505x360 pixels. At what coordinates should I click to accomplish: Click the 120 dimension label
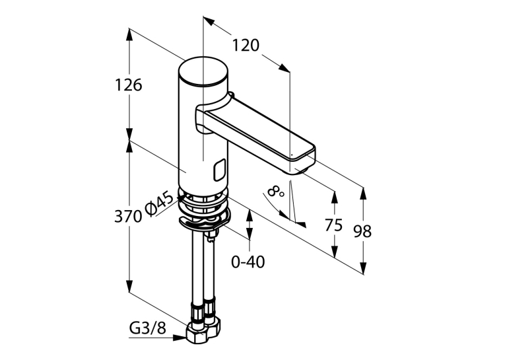point(246,46)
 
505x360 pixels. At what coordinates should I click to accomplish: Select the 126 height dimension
point(129,85)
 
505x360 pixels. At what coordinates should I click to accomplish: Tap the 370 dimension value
point(128,217)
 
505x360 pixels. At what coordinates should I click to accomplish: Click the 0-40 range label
point(248,262)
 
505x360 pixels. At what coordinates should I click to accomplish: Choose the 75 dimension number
point(333,225)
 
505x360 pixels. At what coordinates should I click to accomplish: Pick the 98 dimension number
point(362,231)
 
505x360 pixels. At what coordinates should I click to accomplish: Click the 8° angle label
point(275,192)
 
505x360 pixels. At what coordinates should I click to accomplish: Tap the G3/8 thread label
point(147,328)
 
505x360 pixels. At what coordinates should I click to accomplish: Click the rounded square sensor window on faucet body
point(219,170)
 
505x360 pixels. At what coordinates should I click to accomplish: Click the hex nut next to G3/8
point(202,334)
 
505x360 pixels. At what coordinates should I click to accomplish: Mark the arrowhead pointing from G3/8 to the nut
point(180,338)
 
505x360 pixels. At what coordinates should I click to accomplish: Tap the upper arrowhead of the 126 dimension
point(129,35)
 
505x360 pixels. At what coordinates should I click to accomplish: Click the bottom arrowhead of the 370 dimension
point(129,286)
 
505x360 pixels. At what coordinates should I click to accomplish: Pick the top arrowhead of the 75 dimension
point(335,198)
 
